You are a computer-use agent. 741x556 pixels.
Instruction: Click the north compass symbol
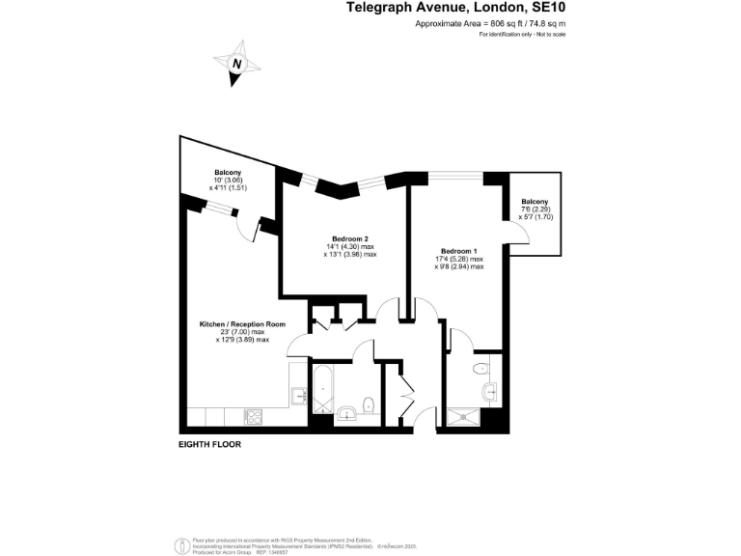point(237,63)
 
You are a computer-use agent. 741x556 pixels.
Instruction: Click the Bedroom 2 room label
point(350,238)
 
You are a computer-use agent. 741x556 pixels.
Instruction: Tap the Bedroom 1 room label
point(458,250)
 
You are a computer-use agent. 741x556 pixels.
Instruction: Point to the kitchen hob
point(256,418)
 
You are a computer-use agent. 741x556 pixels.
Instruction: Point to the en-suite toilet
point(480,368)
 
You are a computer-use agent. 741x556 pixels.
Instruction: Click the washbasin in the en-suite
point(491,391)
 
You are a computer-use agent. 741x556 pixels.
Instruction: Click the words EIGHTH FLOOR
point(209,445)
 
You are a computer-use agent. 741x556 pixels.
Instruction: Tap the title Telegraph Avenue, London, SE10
point(456,9)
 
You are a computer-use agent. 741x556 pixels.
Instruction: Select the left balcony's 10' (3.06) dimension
point(228,180)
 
